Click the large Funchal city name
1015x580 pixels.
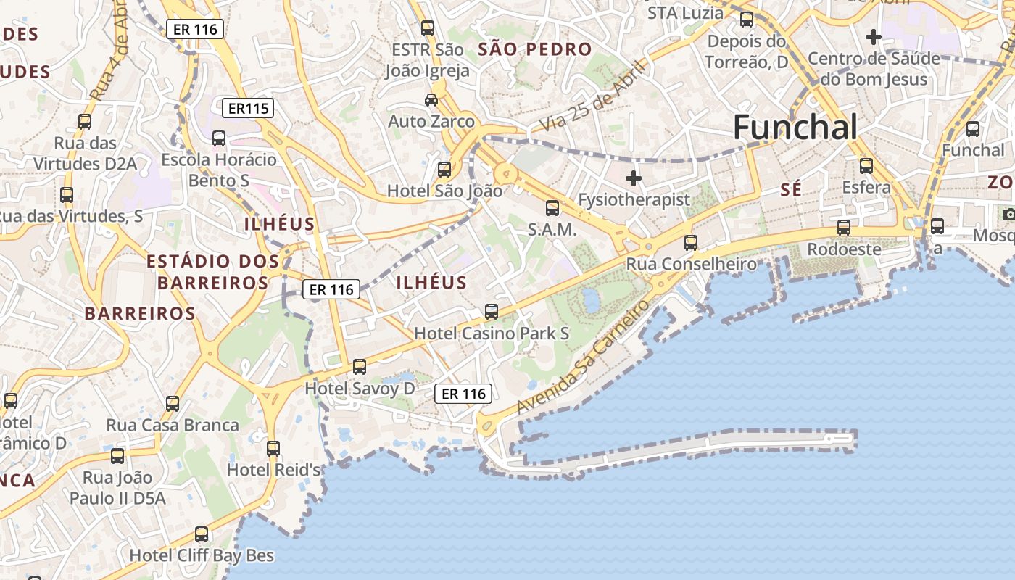point(795,128)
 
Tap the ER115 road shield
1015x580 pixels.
point(248,109)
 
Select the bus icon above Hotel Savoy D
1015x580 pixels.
point(359,367)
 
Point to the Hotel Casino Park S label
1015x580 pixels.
point(492,333)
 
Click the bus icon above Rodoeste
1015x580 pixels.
point(844,228)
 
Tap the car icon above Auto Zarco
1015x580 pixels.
point(431,100)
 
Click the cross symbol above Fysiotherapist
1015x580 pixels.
point(634,178)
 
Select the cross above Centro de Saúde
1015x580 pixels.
point(874,36)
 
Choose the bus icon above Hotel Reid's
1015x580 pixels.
point(273,449)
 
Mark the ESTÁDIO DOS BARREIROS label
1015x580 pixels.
point(212,271)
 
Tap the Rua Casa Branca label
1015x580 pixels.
point(173,425)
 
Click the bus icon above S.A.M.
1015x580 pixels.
point(552,208)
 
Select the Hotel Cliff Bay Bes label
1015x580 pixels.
point(202,556)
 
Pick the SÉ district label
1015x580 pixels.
point(792,190)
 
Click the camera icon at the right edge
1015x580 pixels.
point(1008,214)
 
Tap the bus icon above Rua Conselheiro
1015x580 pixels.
point(691,243)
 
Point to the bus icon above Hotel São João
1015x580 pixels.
point(444,170)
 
